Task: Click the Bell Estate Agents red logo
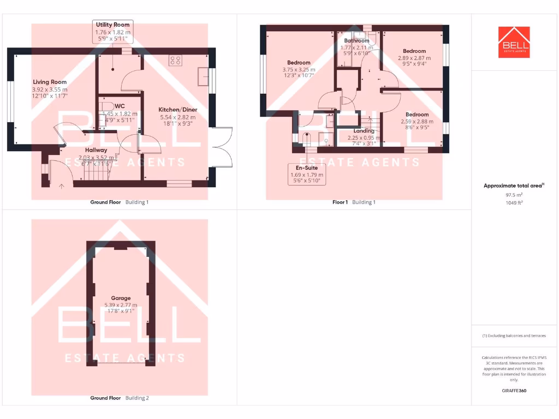514,42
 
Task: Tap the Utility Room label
112,25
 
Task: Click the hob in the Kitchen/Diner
176,61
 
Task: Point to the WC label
120,106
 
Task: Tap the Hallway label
96,150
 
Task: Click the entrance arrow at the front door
61,186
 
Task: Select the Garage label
121,298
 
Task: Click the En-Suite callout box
307,174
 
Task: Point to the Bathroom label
356,41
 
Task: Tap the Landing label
364,131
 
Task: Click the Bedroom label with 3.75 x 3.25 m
299,63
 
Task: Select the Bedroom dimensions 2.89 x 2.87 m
414,58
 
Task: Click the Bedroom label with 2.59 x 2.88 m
417,115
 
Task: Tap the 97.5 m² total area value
514,194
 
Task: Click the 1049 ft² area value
514,202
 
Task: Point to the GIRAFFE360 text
514,391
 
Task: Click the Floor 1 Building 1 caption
354,202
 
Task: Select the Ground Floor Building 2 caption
119,398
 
